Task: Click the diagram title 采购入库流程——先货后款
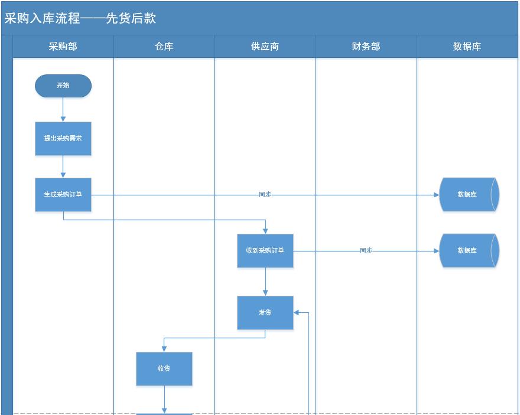point(80,18)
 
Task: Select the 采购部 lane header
point(63,47)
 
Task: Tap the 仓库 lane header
point(164,47)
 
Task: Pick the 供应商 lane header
point(265,47)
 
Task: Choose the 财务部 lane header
point(366,47)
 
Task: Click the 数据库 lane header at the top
point(467,47)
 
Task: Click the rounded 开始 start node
point(63,86)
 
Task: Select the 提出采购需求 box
point(63,139)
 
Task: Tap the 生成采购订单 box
point(63,195)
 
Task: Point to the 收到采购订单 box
point(265,251)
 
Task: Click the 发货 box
point(265,313)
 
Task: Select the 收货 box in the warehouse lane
point(164,369)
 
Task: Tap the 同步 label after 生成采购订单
point(265,195)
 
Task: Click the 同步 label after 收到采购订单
point(366,251)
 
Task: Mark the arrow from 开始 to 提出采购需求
point(63,110)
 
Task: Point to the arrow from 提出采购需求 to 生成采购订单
point(63,166)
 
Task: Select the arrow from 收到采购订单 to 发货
point(265,282)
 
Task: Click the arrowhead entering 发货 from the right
point(297,313)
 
